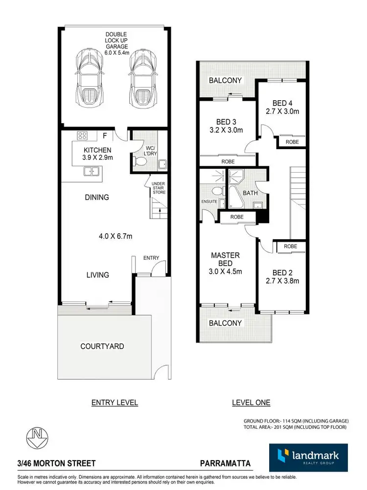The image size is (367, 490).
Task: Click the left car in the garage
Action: tap(89, 78)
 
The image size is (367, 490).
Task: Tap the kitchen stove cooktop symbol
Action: tap(82, 136)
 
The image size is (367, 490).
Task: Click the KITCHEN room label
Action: tap(97, 150)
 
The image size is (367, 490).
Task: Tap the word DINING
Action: tap(96, 198)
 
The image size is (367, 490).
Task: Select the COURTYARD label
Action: tap(102, 346)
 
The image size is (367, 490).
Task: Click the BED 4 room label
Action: tap(282, 103)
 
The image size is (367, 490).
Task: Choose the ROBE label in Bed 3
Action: tap(228, 161)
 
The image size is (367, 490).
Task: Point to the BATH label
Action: tap(250, 194)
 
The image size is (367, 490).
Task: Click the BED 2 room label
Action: tap(282, 272)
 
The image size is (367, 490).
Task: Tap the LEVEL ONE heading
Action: tap(251, 403)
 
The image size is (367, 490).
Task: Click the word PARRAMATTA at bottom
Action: tap(226, 463)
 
